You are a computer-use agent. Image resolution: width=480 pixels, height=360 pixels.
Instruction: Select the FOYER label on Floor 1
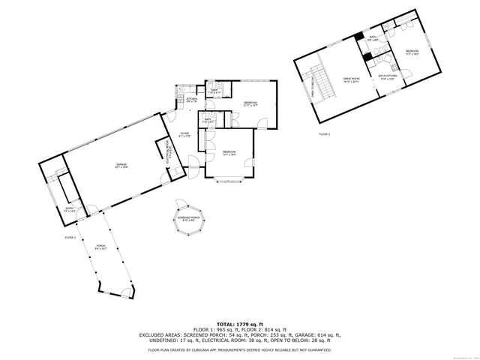pyautogui.click(x=184, y=135)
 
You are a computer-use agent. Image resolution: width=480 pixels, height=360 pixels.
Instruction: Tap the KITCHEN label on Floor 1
pyautogui.click(x=191, y=99)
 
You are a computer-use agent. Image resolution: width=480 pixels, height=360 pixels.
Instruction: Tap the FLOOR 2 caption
pyautogui.click(x=325, y=133)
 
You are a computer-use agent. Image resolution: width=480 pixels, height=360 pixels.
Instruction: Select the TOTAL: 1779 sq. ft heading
pyautogui.click(x=240, y=322)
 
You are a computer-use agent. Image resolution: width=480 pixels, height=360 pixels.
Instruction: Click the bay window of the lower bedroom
pyautogui.click(x=229, y=180)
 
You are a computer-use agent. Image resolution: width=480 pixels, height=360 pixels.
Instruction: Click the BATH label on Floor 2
pyautogui.click(x=373, y=37)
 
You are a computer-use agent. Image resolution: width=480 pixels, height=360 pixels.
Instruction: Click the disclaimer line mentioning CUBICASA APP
pyautogui.click(x=240, y=349)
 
